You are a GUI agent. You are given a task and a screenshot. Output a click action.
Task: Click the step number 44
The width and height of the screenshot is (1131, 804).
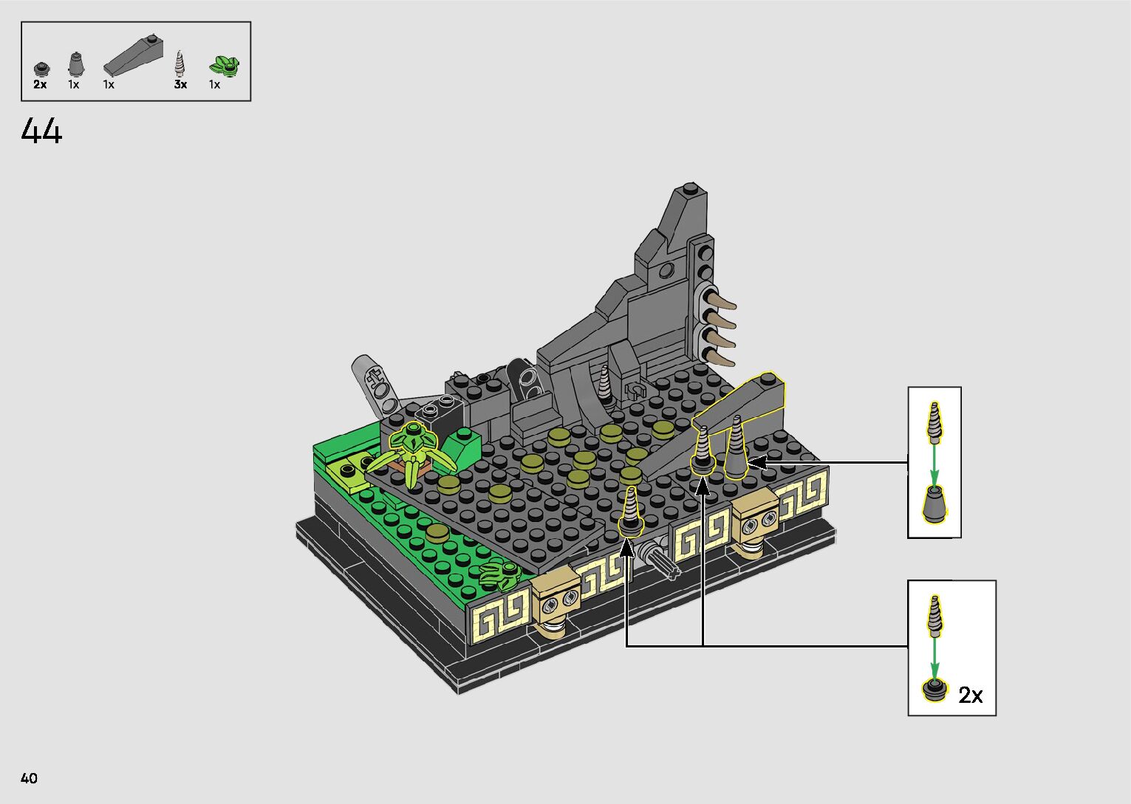[x=41, y=131]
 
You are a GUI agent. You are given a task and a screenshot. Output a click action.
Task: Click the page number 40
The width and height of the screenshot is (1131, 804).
[x=30, y=777]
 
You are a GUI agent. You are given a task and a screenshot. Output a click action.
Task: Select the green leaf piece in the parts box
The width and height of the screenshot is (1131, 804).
[x=224, y=66]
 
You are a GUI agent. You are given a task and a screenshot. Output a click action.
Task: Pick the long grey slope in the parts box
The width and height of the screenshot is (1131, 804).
[x=134, y=55]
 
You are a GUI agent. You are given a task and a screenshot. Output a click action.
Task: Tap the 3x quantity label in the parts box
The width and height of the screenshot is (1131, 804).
[x=180, y=85]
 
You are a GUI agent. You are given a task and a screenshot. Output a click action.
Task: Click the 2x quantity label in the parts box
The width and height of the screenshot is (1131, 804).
[x=40, y=85]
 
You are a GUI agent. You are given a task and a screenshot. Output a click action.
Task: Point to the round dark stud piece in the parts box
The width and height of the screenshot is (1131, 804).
[x=41, y=69]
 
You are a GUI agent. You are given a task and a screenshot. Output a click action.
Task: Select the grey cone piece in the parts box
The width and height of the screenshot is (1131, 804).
[x=75, y=64]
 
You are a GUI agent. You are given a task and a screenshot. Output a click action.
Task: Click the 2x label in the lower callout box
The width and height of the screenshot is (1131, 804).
[x=971, y=695]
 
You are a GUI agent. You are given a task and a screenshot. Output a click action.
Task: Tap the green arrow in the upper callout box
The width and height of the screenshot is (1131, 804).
[x=934, y=465]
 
